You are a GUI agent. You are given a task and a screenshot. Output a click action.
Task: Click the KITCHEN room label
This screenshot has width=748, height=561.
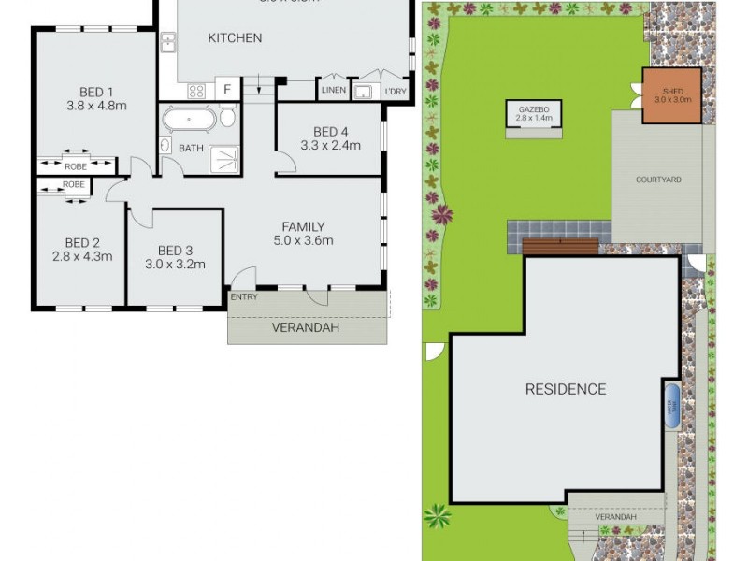[235, 38]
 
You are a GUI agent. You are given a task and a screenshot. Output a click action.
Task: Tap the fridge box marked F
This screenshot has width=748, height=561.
[226, 90]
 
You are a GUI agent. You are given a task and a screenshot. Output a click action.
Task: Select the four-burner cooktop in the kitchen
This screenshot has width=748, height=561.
[197, 91]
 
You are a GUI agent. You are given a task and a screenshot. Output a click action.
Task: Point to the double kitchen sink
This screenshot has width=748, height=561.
[168, 43]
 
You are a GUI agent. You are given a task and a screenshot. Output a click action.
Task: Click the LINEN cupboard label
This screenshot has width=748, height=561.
[333, 90]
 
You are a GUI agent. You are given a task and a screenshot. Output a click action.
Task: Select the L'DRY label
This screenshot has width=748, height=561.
[396, 90]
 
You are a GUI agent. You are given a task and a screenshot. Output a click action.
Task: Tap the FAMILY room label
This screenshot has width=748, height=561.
[304, 226]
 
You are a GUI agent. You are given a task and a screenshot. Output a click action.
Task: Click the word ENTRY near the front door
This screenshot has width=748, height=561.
[244, 296]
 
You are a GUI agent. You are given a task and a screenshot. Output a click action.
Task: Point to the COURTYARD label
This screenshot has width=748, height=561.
[657, 180]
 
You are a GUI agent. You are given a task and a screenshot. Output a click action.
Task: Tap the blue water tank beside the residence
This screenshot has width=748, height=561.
[671, 405]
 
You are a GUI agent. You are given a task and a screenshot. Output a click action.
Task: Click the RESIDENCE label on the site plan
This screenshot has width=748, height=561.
[565, 389]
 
